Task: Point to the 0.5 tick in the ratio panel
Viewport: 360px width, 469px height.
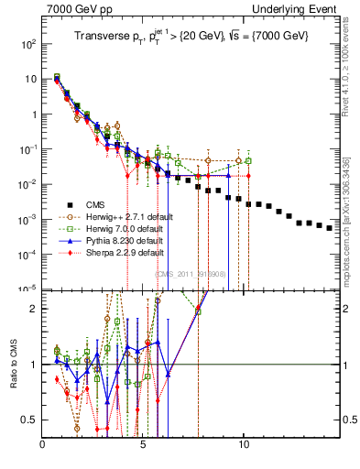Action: [x=29, y=420]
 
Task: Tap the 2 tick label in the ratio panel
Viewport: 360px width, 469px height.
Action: [x=35, y=309]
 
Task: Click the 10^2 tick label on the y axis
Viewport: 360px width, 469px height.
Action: [x=27, y=44]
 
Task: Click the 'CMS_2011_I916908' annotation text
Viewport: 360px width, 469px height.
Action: [x=190, y=274]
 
